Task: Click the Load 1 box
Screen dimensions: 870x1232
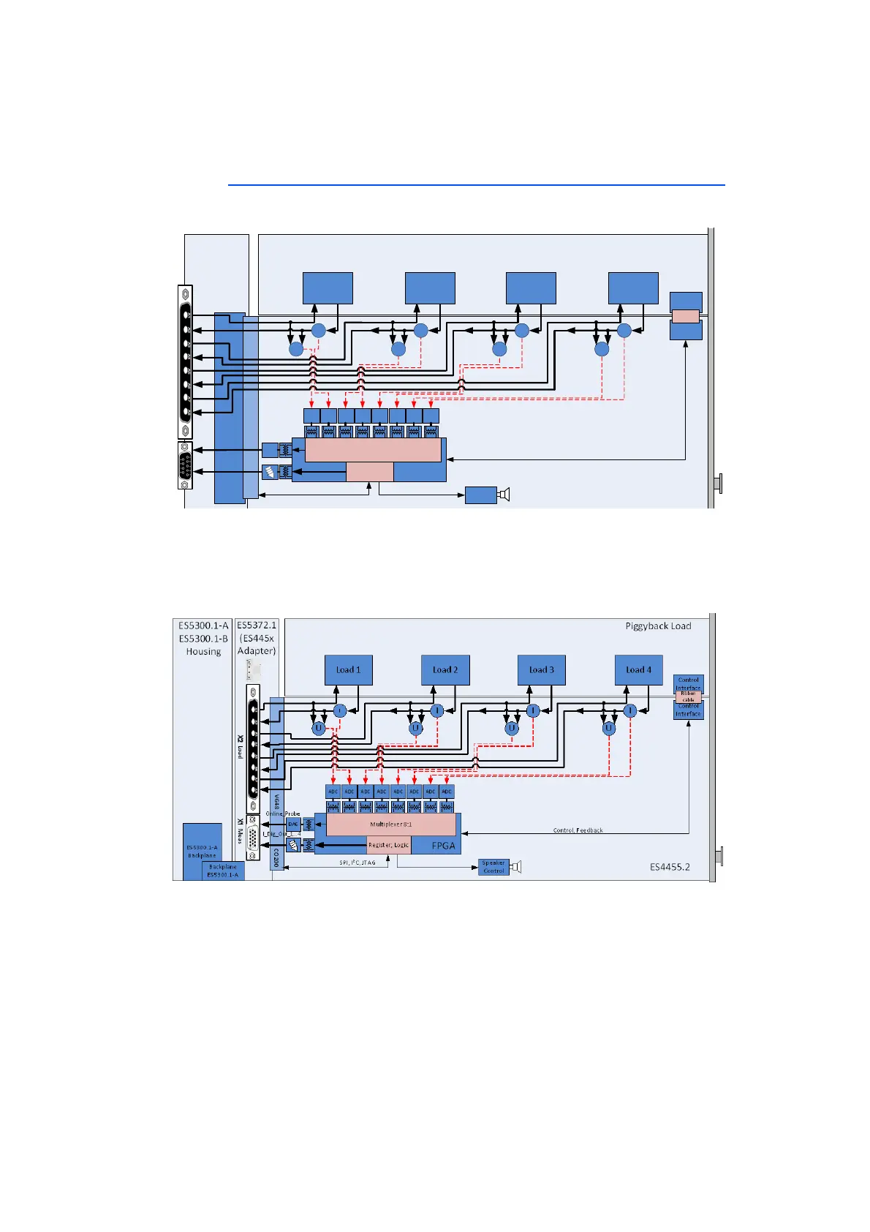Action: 348,669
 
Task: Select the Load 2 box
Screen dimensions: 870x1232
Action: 445,669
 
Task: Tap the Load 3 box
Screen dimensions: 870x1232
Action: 542,669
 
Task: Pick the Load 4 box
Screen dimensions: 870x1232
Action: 638,669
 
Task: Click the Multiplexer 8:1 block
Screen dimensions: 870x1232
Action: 391,825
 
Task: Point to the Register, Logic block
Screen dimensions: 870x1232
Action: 388,845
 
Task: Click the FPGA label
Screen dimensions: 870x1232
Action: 444,846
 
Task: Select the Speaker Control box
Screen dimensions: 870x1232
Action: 493,867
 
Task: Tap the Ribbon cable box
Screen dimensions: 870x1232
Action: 688,696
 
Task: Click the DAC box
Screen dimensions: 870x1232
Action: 293,825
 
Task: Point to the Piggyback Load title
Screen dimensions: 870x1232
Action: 658,626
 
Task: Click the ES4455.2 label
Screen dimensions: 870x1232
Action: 670,867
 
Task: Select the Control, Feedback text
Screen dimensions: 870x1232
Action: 578,830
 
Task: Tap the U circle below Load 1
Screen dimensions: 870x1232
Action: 319,728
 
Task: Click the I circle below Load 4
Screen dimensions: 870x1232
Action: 629,710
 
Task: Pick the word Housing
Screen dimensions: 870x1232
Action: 203,652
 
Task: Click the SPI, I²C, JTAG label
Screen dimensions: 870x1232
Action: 357,863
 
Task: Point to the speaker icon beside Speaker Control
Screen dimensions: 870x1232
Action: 516,867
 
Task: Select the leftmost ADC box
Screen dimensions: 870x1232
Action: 333,792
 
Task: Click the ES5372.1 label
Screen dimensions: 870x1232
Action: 257,626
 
